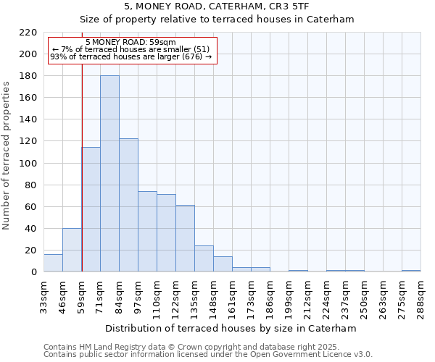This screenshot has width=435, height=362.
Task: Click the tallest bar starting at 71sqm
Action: pos(109,174)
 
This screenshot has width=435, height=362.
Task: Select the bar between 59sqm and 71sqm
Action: pos(91,210)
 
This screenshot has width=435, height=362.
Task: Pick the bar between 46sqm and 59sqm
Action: pos(72,250)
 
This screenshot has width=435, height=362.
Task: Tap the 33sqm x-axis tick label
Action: pos(43,295)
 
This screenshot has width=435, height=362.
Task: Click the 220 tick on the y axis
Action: pos(28,33)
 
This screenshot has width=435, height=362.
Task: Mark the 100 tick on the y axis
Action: pos(28,163)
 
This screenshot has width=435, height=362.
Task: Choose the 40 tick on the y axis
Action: pos(30,229)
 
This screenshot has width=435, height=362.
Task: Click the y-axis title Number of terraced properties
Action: pos(7,156)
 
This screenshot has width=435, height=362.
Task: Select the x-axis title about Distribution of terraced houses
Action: pos(231,328)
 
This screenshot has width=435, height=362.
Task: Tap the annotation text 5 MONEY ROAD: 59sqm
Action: pos(130,43)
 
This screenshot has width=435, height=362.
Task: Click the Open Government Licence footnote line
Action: pos(208,355)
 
